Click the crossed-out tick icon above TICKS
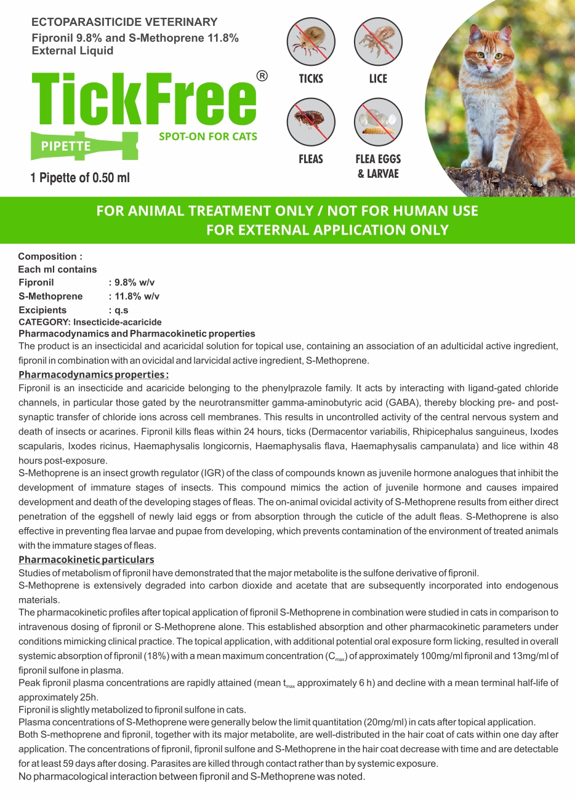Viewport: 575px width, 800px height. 311,42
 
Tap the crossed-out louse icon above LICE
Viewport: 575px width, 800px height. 378,42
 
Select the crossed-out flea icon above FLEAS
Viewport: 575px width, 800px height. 311,122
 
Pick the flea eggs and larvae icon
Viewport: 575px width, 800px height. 378,122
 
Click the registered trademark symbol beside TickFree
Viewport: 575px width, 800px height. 262,76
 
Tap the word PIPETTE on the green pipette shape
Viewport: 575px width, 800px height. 65,146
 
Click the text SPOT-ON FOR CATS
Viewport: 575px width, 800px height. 208,136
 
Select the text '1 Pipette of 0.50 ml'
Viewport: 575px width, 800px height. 80,178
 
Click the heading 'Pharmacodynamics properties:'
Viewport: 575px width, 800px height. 94,375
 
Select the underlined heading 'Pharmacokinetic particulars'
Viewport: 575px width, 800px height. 86,559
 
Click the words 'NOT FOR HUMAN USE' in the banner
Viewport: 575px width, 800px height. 403,211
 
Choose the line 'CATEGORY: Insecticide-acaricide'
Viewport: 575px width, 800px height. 90,322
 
